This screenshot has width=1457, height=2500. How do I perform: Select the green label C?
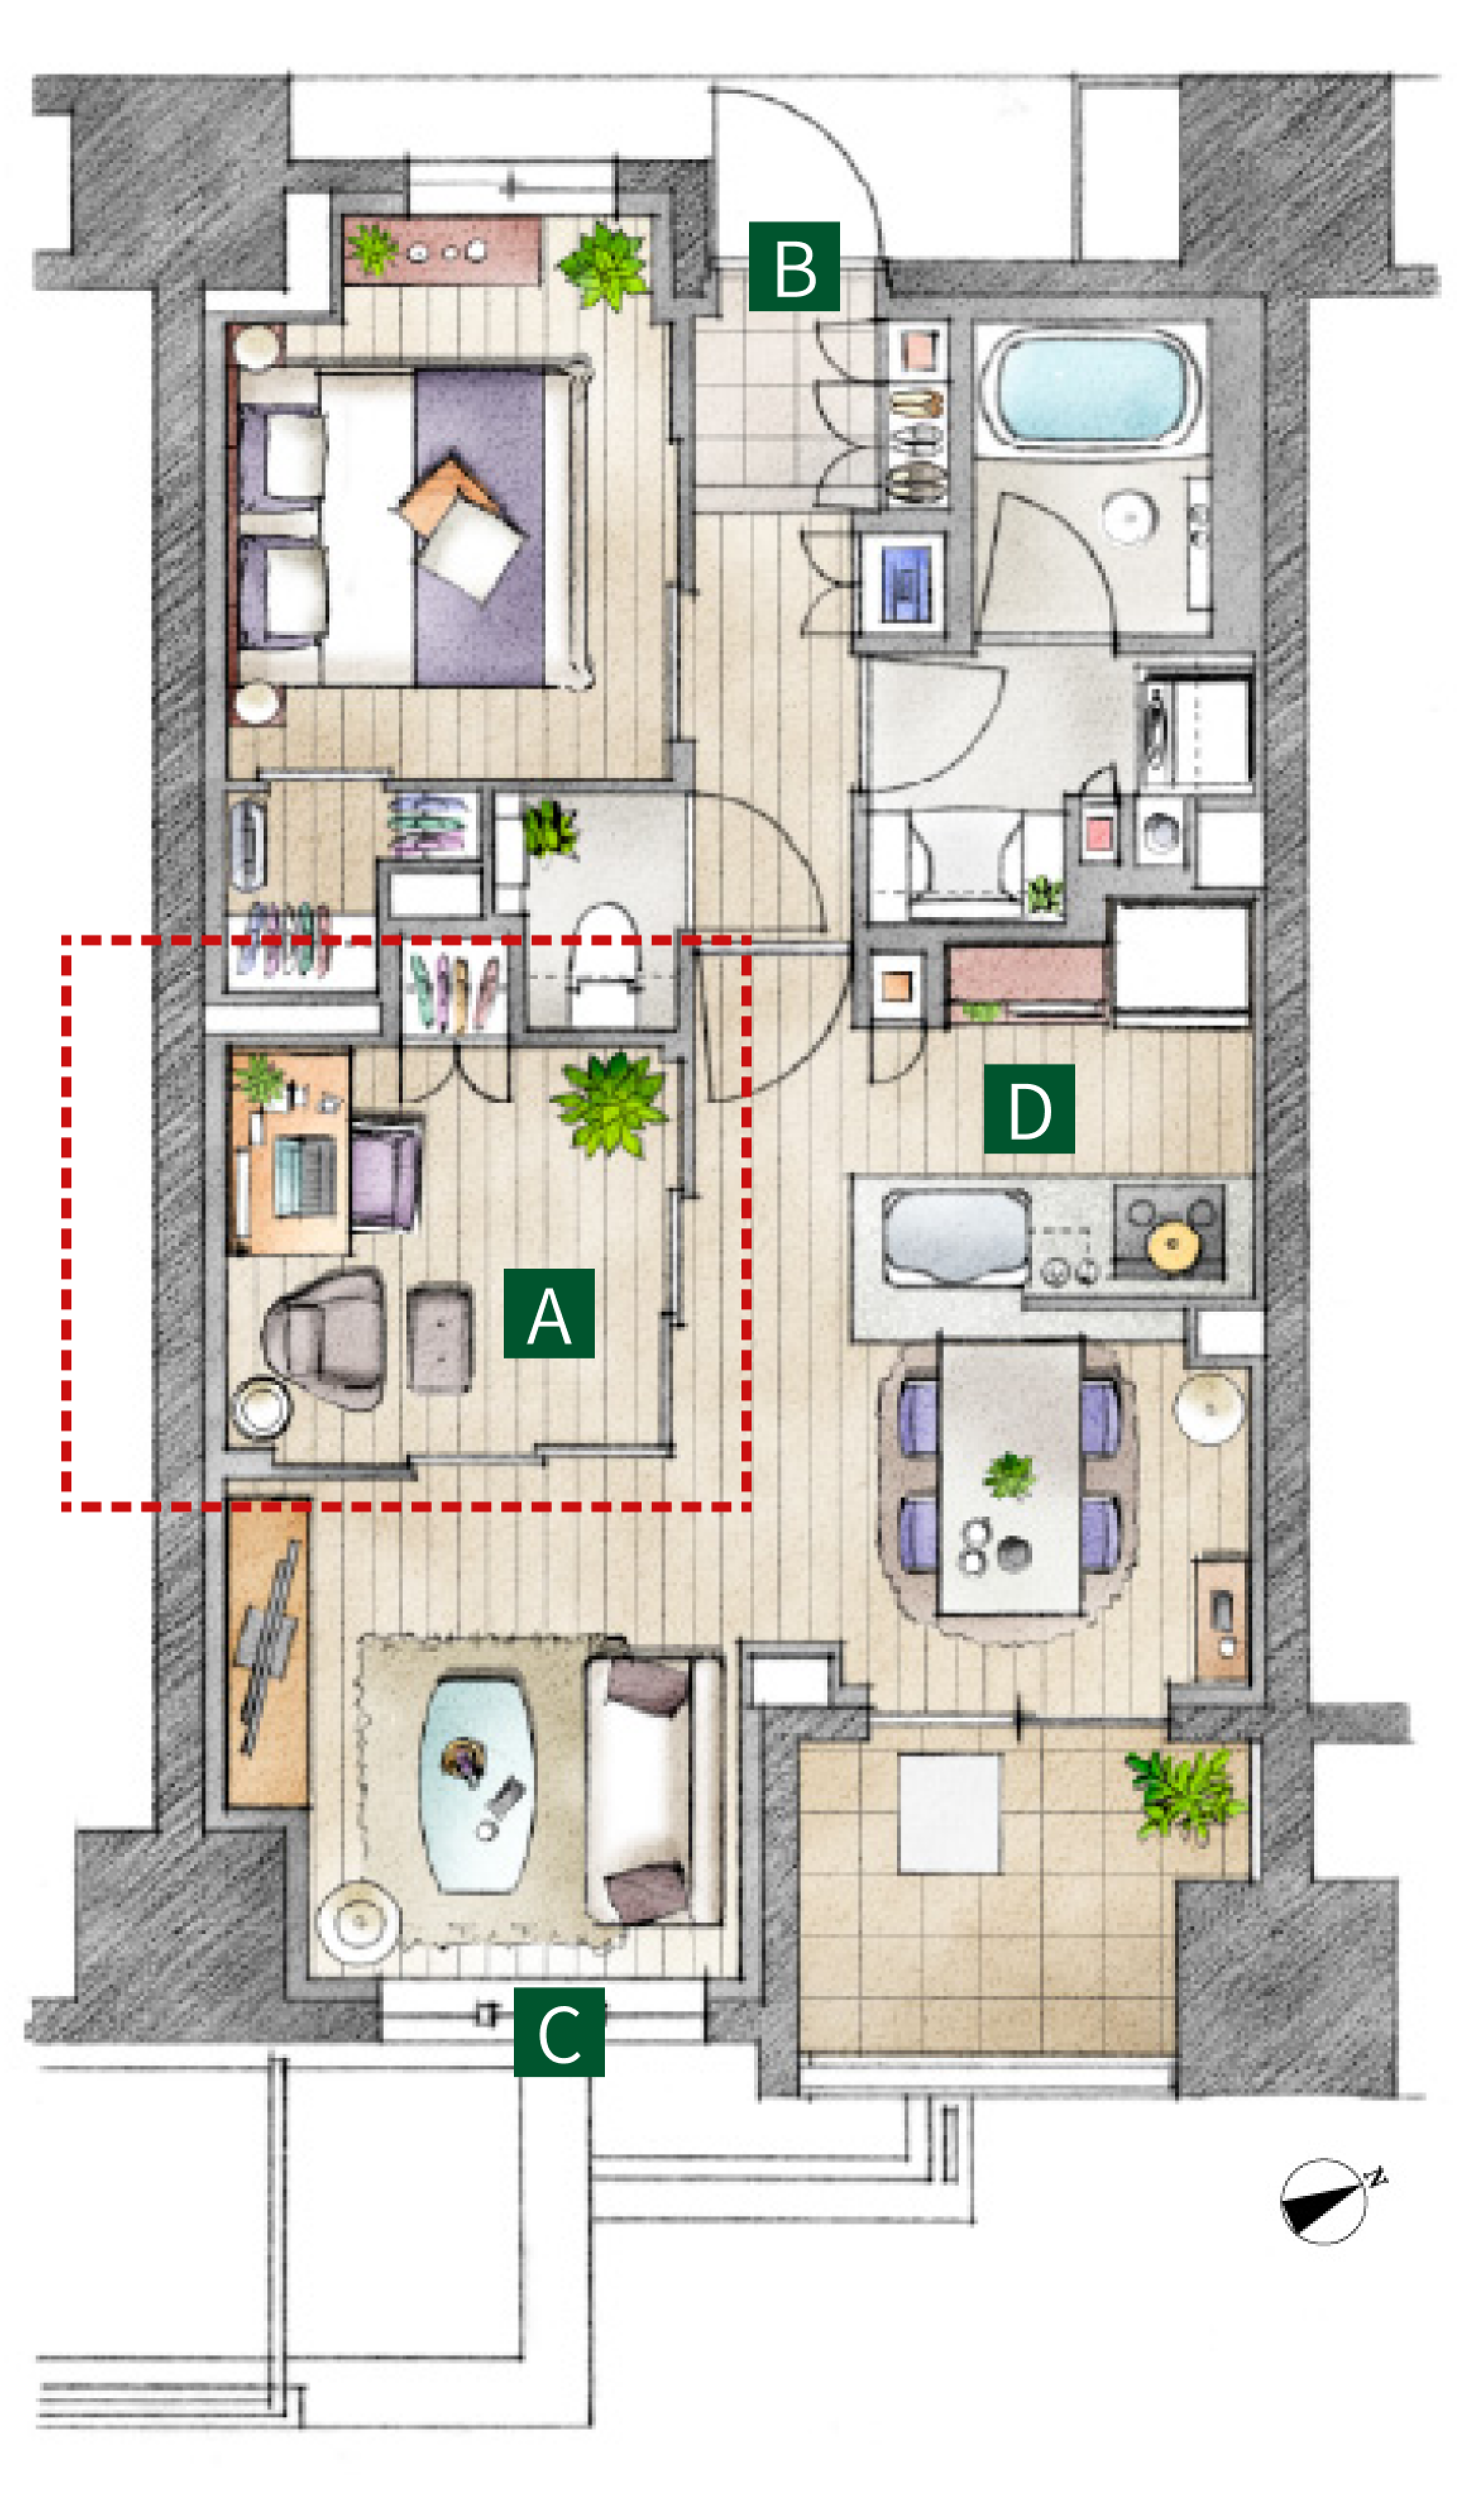[x=558, y=2032]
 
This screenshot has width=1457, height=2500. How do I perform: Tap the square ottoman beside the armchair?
[x=439, y=1336]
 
